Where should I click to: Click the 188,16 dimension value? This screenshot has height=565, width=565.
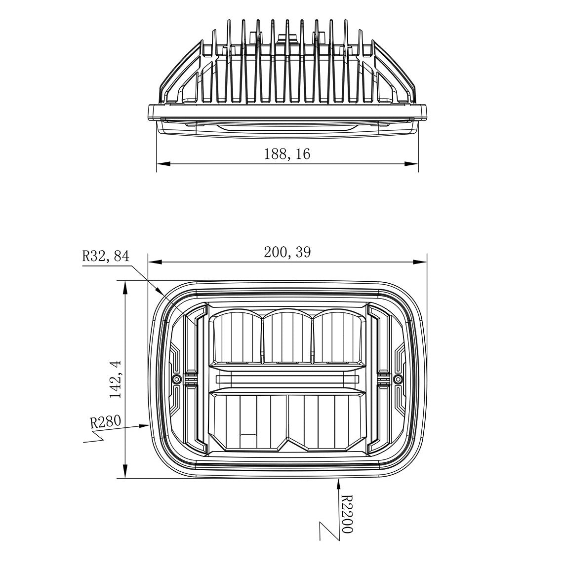coord(287,154)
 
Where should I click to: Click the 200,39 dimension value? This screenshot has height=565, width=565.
coord(287,253)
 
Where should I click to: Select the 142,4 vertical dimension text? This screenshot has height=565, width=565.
coord(116,379)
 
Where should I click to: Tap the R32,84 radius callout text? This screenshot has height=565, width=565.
coord(105,256)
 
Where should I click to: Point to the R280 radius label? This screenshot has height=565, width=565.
coord(105,422)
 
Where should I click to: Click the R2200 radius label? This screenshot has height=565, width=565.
coord(347,514)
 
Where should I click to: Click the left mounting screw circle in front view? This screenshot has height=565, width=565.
coord(176,379)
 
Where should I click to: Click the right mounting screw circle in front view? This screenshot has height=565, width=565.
coord(398,379)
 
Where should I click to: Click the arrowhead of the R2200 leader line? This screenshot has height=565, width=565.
coord(338,483)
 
